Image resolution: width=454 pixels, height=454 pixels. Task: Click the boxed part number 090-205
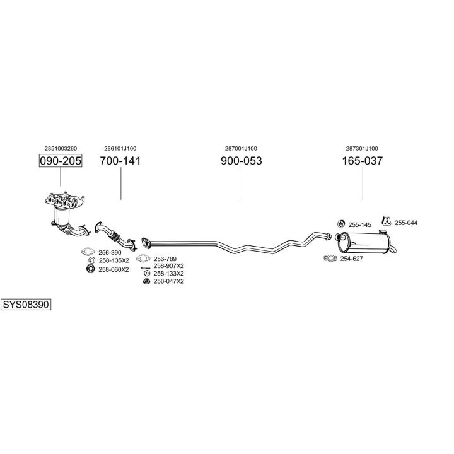point(61,161)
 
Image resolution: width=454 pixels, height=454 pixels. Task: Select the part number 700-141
point(120,161)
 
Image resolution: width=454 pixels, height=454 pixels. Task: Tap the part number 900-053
point(242,161)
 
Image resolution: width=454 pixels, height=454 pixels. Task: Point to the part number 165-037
point(362,161)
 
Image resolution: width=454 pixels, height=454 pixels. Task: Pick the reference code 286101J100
point(120,148)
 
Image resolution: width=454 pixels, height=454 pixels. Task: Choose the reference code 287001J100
point(241,148)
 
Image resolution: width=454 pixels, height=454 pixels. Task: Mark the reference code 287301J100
point(362,148)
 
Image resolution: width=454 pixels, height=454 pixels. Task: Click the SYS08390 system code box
point(26,305)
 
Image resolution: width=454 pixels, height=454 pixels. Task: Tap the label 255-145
point(361,224)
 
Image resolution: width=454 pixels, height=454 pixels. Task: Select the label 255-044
point(405,223)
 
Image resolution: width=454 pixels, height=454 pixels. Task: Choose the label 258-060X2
point(113,269)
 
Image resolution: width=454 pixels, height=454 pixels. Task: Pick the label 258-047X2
point(168,281)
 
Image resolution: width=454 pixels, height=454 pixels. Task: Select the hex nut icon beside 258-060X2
point(90,269)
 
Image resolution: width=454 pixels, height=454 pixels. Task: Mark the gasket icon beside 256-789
point(144,258)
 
